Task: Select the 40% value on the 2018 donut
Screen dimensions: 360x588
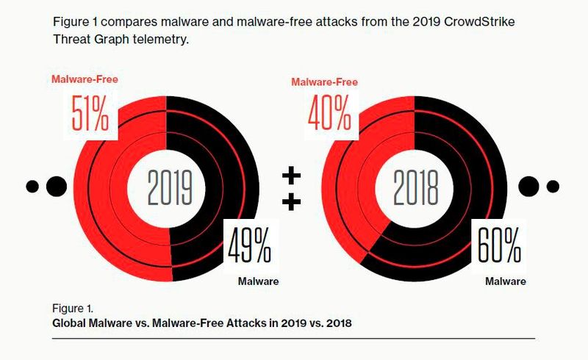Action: [329, 111]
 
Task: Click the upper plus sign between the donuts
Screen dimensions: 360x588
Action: [292, 176]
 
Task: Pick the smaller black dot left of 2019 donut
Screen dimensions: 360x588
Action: [32, 186]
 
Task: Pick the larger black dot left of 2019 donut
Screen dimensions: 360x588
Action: [55, 186]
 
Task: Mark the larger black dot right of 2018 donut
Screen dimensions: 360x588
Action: [529, 186]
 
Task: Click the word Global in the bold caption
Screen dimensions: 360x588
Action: [71, 323]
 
